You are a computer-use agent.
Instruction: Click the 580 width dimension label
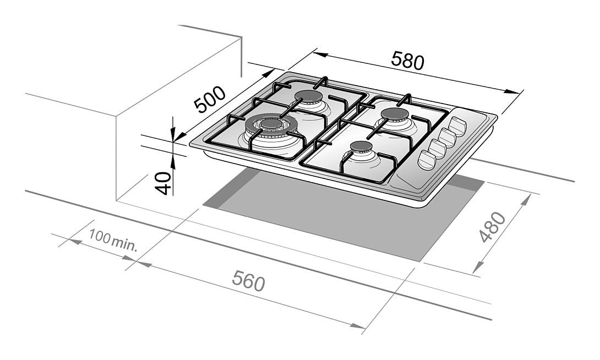click(x=407, y=61)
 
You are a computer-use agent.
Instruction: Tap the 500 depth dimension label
click(x=209, y=100)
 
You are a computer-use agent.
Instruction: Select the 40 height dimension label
click(x=163, y=183)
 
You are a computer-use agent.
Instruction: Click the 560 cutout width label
click(x=248, y=280)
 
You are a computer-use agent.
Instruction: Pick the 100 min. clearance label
click(x=113, y=240)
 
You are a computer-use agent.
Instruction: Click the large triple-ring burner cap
click(x=271, y=123)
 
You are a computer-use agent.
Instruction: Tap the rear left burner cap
click(x=308, y=96)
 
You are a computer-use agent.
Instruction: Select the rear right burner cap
click(x=395, y=114)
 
